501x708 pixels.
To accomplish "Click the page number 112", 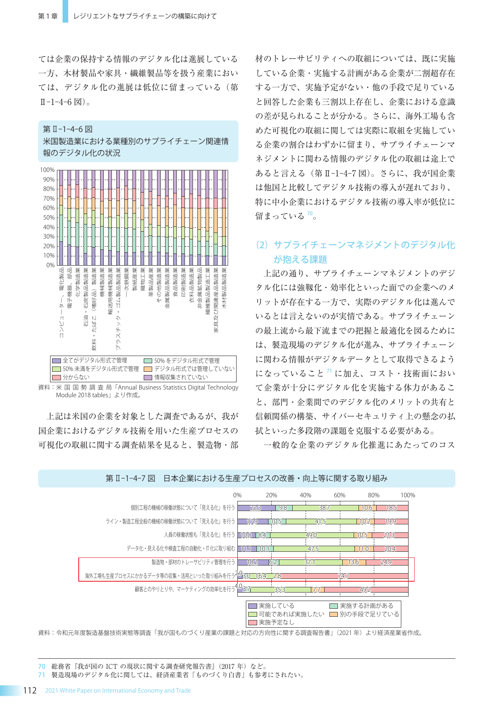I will (30, 690).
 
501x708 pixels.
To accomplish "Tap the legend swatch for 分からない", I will (57, 377).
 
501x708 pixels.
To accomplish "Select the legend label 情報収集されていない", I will (181, 377).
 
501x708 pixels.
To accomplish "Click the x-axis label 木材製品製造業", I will (224, 288).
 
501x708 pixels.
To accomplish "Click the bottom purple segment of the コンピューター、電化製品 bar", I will (61, 253).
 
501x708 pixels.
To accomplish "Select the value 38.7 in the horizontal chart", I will (324, 508).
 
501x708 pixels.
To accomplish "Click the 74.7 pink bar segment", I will (343, 576).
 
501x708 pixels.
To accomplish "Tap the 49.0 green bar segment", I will (311, 535).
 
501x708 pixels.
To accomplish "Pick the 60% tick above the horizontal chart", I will (340, 495).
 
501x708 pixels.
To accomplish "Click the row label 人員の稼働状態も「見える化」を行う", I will (199, 535).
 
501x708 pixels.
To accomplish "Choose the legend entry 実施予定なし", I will (277, 622).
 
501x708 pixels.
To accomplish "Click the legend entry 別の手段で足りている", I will (369, 614).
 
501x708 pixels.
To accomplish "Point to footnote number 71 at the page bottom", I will (42, 675).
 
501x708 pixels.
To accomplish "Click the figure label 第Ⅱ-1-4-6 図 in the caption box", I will (68, 129).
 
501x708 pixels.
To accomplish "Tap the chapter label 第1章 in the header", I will (48, 16).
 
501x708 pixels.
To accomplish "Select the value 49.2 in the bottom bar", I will (365, 590).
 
